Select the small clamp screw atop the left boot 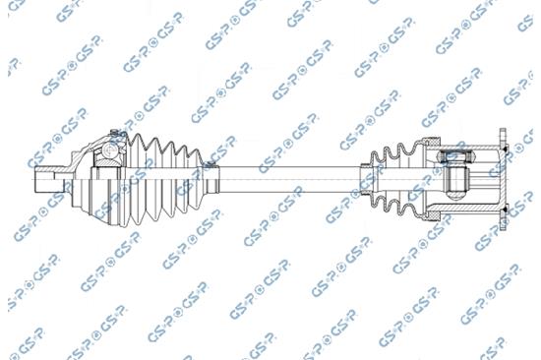116,130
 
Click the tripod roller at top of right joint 454,153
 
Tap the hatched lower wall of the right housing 482,210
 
